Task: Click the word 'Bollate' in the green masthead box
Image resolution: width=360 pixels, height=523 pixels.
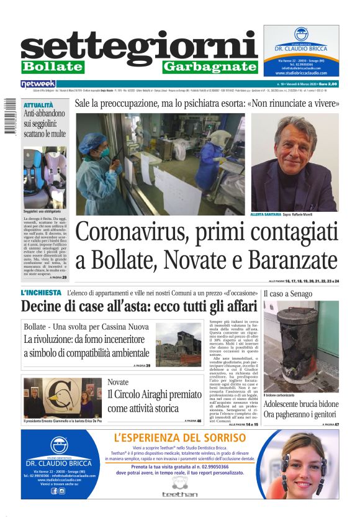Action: pos(52,66)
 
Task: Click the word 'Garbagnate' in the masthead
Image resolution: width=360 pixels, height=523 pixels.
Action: pos(209,66)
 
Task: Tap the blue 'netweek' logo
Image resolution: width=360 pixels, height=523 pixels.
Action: pos(38,83)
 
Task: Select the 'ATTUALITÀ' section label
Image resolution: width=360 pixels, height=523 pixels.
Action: pos(38,106)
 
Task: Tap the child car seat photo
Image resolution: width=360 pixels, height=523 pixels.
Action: pos(45,176)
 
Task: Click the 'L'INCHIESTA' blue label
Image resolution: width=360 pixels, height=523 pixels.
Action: pos(41,292)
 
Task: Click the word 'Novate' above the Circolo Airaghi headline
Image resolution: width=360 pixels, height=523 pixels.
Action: pos(118,381)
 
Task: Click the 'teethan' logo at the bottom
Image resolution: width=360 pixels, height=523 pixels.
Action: pos(179,494)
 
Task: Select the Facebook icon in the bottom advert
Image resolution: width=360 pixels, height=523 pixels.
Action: pos(54,491)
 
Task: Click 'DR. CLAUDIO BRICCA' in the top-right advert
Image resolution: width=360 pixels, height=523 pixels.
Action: pos(300,49)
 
